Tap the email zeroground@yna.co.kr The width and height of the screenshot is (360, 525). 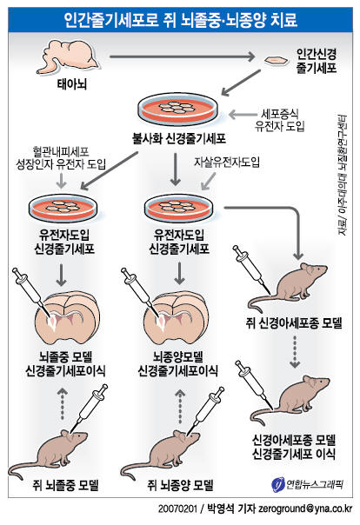[303, 509]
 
